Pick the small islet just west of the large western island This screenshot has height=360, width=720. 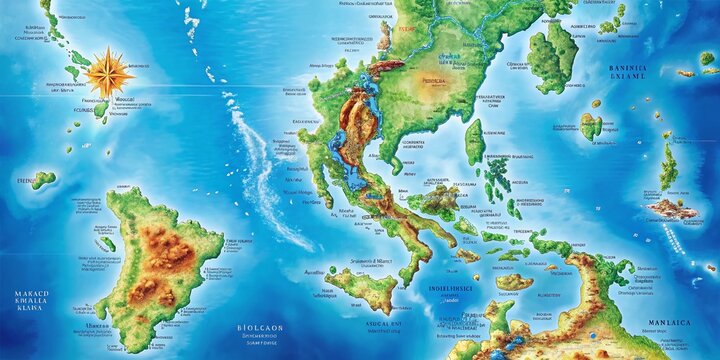(x=106, y=243)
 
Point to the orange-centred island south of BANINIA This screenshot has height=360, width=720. (x=592, y=126)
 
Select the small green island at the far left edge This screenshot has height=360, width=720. (x=42, y=180)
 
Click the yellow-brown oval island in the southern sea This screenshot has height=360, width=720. (x=513, y=282)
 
